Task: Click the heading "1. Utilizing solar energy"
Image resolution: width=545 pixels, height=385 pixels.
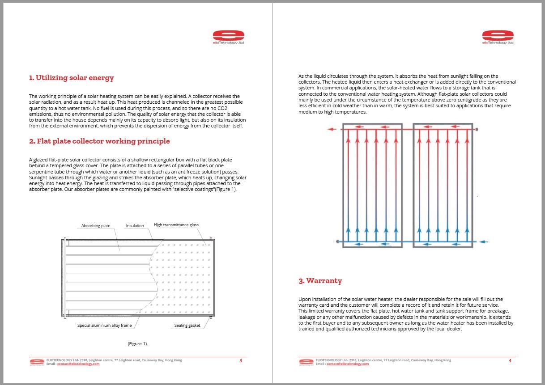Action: tap(72, 78)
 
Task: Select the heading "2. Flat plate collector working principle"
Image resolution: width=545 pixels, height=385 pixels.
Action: tap(99, 141)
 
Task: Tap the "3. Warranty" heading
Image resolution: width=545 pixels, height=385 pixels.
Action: tap(320, 281)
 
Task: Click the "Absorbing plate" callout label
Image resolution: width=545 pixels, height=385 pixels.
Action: tap(96, 226)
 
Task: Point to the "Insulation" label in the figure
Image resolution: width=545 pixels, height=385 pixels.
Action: tap(135, 226)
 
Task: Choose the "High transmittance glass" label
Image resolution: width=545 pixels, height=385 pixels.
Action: tap(176, 225)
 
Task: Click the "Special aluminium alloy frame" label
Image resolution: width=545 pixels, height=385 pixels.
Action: tap(104, 326)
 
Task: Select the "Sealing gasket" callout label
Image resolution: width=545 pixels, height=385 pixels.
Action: tap(187, 326)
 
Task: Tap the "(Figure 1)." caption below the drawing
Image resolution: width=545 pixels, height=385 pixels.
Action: tap(137, 344)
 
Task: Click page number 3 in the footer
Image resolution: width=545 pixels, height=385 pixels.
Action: tap(241, 361)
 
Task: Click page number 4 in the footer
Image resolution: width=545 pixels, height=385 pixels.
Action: tap(510, 361)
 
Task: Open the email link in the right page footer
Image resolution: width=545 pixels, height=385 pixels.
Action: tap(348, 364)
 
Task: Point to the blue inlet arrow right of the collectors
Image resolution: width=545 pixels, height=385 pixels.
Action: tap(483, 242)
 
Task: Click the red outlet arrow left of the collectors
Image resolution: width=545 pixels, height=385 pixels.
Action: tap(332, 130)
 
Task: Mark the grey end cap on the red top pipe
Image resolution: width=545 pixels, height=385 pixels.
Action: tap(477, 130)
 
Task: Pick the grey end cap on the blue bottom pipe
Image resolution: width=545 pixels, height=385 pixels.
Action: tap(337, 242)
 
